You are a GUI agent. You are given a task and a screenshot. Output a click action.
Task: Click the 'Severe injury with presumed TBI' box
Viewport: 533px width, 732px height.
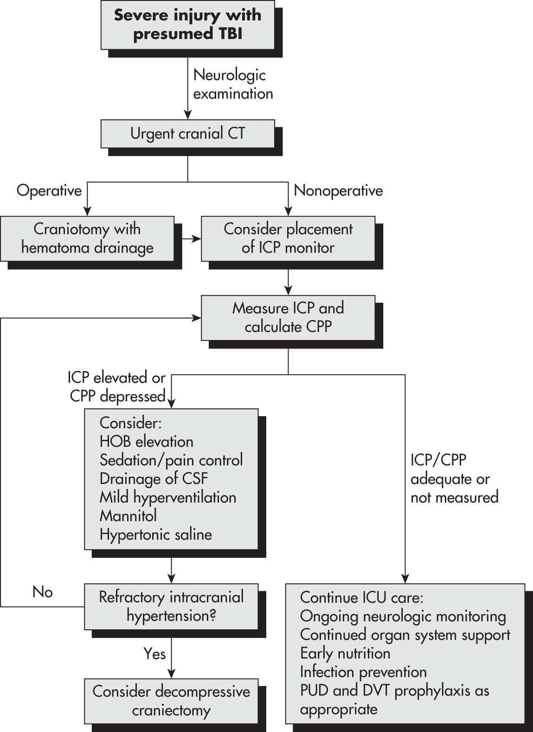coord(188,25)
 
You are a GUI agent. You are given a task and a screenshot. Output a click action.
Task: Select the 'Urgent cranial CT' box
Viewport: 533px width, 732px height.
coord(188,134)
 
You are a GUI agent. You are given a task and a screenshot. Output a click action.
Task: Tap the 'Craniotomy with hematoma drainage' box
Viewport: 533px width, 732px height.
coord(87,239)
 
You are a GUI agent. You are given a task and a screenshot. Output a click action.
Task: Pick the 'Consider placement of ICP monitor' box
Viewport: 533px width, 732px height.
coord(288,239)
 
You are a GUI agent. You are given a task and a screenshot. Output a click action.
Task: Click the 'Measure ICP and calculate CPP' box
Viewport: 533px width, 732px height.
coord(288,318)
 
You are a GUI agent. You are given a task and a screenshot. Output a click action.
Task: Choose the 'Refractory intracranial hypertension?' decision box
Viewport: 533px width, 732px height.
coord(171,607)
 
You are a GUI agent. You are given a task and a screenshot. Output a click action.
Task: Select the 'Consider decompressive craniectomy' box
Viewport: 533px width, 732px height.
coord(171,701)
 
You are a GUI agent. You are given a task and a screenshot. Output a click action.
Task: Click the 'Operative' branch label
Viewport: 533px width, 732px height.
coord(49,190)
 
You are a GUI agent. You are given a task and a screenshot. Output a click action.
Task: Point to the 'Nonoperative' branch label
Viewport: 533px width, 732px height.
coord(339,190)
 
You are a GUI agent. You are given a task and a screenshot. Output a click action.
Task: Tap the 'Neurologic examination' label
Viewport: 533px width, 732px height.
coord(233,85)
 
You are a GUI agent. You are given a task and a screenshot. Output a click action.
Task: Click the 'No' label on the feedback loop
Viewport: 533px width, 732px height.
coord(42,592)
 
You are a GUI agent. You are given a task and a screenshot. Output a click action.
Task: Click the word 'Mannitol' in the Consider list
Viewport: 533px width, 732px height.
coord(128,516)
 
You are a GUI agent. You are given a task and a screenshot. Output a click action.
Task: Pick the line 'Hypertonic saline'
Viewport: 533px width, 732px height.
coord(156,535)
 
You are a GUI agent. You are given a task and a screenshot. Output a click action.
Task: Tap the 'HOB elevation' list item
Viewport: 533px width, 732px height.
coord(147,442)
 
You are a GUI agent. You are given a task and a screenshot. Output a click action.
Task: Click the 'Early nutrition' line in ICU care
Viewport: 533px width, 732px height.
coord(345,654)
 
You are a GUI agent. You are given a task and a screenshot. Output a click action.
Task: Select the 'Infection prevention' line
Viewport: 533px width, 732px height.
coord(364,672)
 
